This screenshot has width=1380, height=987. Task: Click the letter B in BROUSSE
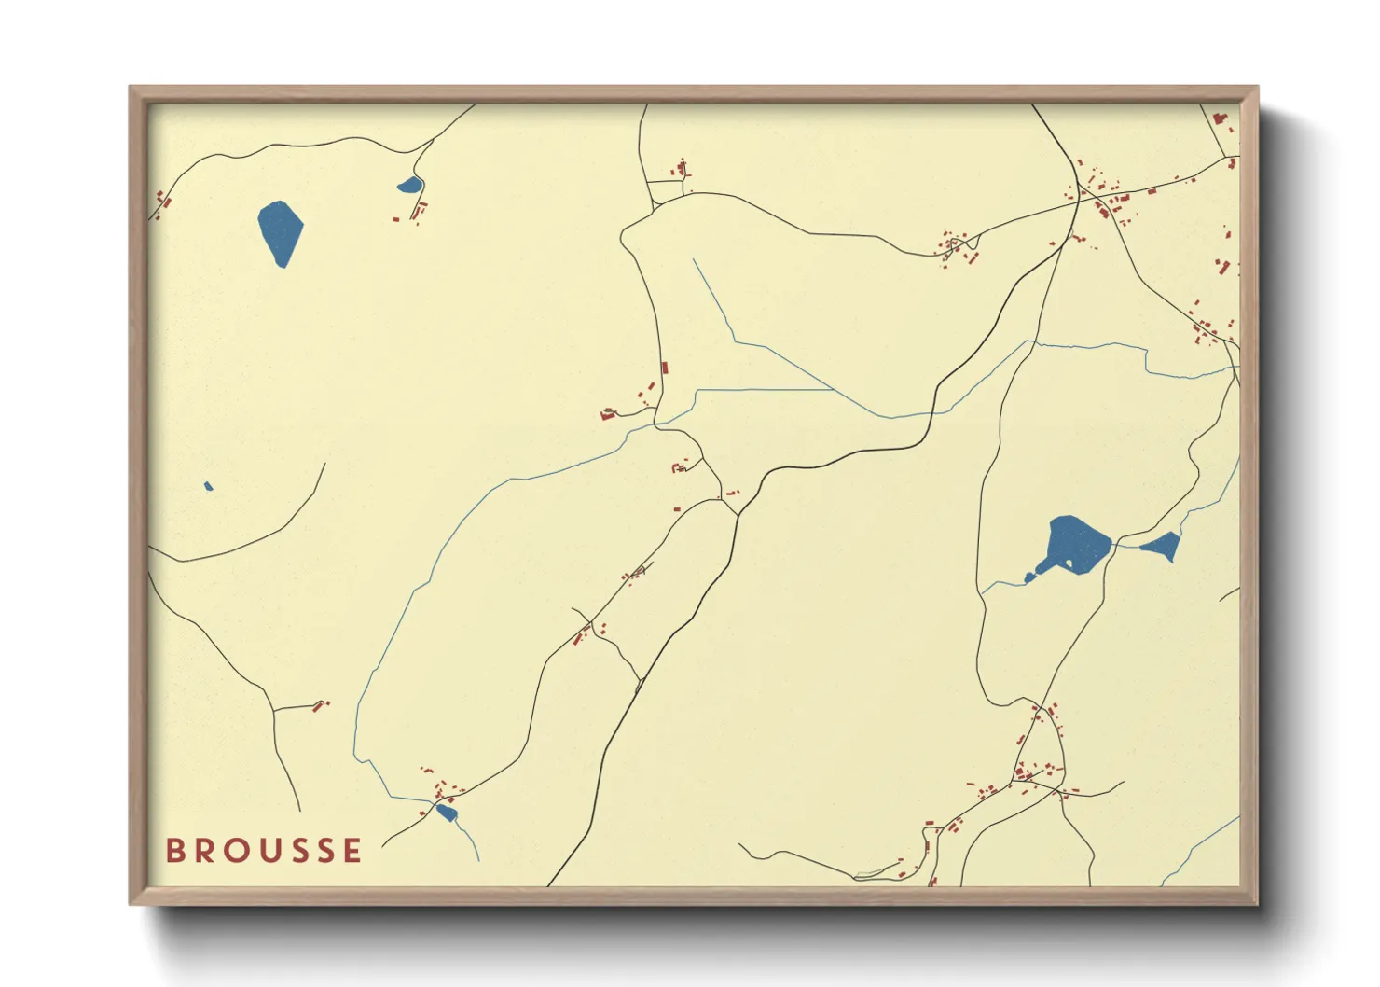click(x=174, y=851)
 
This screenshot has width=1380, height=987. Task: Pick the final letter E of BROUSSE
click(x=352, y=851)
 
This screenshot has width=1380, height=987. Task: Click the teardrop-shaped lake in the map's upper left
click(x=280, y=230)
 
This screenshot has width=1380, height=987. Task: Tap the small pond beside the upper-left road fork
click(x=409, y=186)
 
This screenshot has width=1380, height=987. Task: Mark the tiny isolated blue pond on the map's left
click(x=208, y=486)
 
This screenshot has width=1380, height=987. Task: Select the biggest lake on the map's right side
click(x=1078, y=543)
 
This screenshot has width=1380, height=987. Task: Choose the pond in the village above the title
click(x=447, y=813)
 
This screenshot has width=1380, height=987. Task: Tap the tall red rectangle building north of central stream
click(x=664, y=368)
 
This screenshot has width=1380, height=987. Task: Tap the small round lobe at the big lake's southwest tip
click(x=1029, y=578)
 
